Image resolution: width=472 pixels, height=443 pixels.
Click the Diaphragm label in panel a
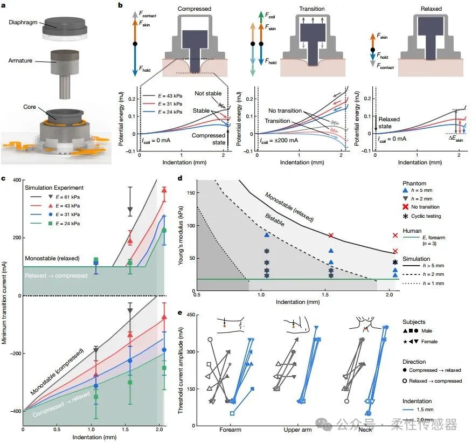coord(22,24)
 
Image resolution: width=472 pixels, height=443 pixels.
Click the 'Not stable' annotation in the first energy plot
coord(205,94)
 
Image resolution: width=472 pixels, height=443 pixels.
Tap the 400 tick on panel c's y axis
coord(15,180)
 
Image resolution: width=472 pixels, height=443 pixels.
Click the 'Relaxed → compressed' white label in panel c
coord(55,275)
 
